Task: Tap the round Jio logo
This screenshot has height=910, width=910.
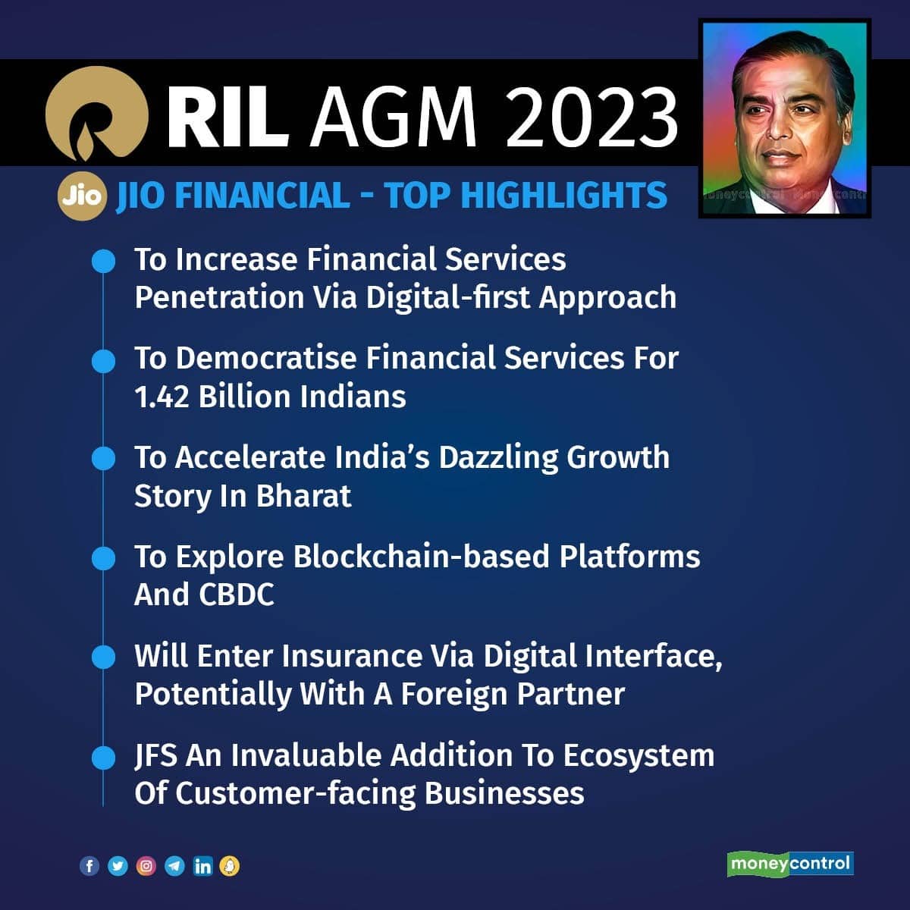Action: (x=82, y=196)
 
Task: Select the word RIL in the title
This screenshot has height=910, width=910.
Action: (x=228, y=116)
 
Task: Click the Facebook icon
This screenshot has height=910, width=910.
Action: (x=89, y=865)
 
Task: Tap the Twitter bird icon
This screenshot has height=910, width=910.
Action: (x=118, y=865)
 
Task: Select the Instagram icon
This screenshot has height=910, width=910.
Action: (x=146, y=865)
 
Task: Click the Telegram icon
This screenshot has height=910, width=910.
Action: (x=174, y=865)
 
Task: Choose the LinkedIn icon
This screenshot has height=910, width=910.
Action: (x=203, y=866)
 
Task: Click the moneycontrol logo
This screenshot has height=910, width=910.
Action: (x=790, y=864)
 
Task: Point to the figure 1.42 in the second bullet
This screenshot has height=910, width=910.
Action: (x=162, y=397)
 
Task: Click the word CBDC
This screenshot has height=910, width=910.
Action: (x=237, y=595)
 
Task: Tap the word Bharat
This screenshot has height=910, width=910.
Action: (x=303, y=496)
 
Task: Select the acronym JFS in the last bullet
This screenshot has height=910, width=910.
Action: (x=156, y=755)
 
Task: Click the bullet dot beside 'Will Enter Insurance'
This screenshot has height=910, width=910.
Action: (x=103, y=657)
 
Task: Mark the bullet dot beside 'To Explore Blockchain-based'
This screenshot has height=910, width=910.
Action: (x=103, y=558)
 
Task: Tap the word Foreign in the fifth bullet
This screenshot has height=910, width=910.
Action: (x=454, y=695)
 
